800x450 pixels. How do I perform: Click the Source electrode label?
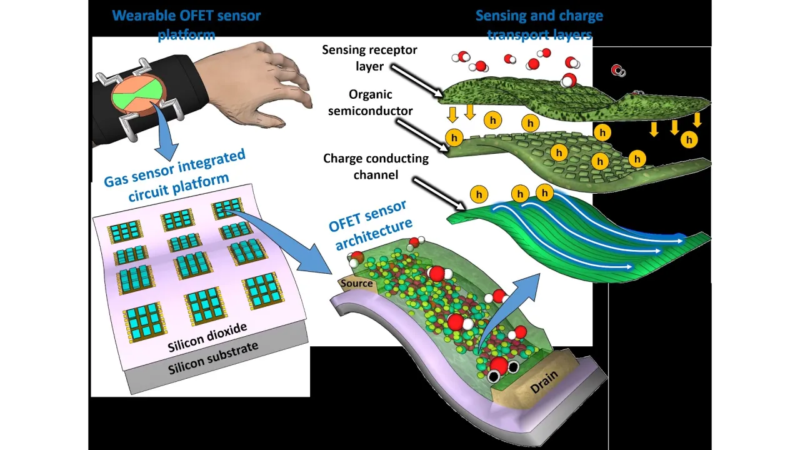coord(356,283)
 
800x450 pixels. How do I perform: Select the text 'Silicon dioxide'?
coord(207,337)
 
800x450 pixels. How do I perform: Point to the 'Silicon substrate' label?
coord(212,358)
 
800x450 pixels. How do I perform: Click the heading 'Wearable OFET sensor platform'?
coord(186,24)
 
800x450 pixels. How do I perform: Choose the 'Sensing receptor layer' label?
coord(369,57)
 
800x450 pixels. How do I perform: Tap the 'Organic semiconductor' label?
coord(370,102)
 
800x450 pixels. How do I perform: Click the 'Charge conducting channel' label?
coord(376,166)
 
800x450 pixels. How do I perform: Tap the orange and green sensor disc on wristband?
coord(139,96)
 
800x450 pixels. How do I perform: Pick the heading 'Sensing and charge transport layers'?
coord(539,24)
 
